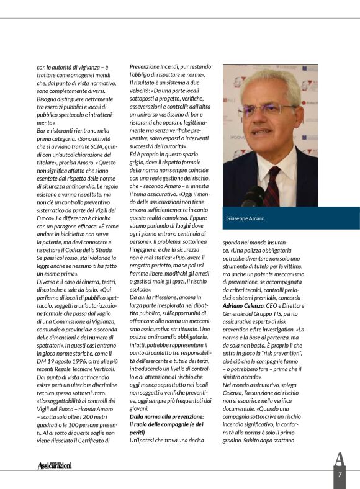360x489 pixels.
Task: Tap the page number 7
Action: pyautogui.click(x=340, y=475)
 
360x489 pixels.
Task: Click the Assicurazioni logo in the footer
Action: pyautogui.click(x=54, y=465)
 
